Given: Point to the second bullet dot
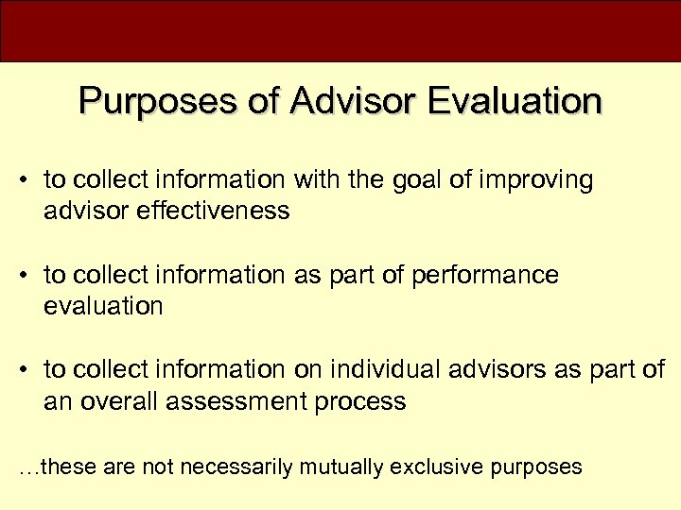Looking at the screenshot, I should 28,276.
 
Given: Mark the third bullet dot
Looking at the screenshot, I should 28,370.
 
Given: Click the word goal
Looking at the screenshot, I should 426,180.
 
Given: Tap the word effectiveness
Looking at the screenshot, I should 214,210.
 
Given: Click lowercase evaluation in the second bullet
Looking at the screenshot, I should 103,305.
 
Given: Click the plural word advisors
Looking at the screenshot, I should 495,369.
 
